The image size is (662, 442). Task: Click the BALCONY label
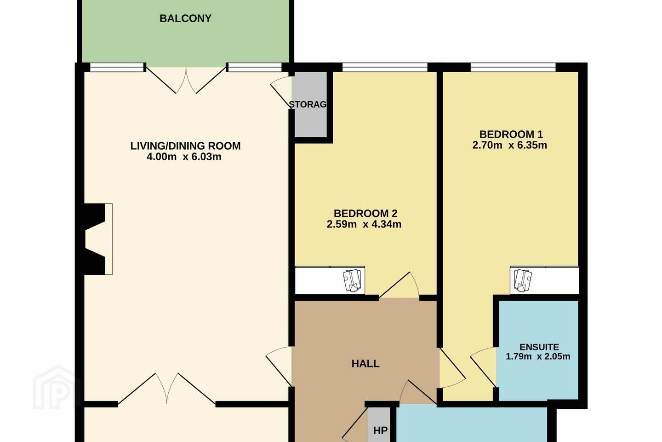[185, 19]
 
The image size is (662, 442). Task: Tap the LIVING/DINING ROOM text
[185, 146]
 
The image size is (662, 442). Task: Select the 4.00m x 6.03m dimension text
[184, 157]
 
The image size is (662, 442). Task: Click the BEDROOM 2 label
[365, 214]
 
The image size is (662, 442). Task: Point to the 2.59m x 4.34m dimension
[364, 224]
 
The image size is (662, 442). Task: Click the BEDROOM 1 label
[511, 134]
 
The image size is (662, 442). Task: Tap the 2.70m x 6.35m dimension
[509, 145]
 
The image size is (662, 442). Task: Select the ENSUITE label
[539, 347]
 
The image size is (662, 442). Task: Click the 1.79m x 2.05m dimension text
[538, 356]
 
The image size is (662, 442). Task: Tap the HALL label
[365, 364]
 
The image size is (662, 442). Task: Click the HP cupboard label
[380, 430]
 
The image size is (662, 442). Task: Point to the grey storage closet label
[308, 105]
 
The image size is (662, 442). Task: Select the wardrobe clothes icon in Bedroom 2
[352, 280]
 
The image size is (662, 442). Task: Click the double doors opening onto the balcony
[186, 80]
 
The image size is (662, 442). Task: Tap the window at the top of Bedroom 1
[513, 67]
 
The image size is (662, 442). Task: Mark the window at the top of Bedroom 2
[385, 67]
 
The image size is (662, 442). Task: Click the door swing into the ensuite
[483, 367]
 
